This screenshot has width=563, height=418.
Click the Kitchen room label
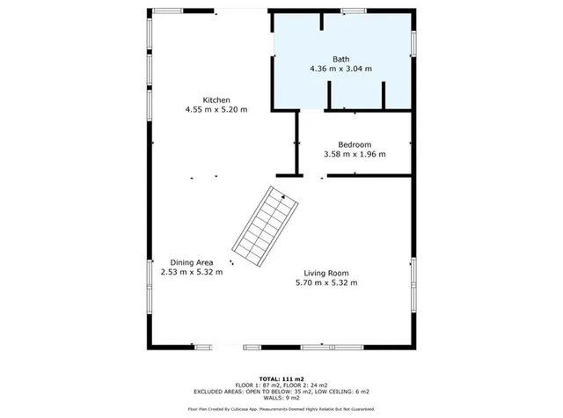(216, 99)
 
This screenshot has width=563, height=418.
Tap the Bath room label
(340, 59)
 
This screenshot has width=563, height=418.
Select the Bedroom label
(355, 144)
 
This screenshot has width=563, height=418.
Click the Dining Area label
(192, 262)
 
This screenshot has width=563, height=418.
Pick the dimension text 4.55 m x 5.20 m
(216, 110)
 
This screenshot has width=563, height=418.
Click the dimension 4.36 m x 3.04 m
(340, 69)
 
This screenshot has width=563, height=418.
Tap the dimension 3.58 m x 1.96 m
(355, 154)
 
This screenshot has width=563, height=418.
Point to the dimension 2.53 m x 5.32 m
(192, 273)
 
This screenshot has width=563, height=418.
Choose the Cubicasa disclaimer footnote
(281, 409)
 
